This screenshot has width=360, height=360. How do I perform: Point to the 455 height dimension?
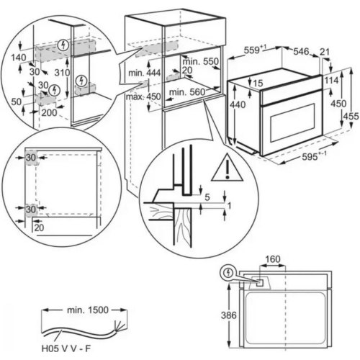350,116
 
